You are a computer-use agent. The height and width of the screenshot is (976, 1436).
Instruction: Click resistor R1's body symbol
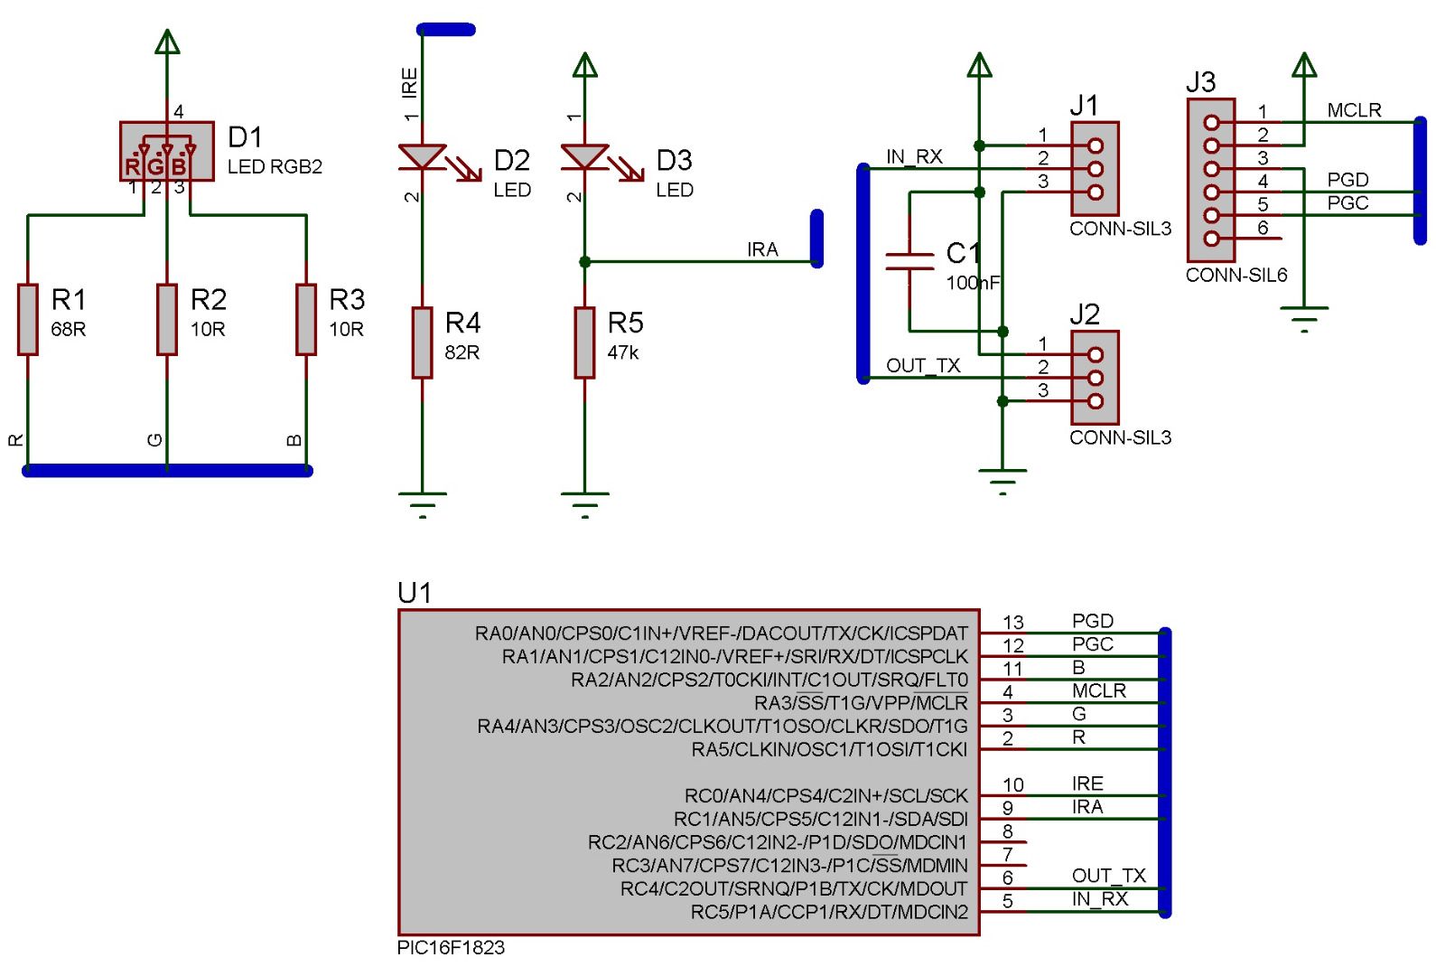(x=28, y=319)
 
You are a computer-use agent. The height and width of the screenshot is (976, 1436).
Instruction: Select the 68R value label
(x=69, y=330)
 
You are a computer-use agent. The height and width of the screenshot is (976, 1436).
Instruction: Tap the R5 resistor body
(x=585, y=343)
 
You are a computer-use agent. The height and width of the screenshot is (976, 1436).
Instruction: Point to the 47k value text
(x=623, y=353)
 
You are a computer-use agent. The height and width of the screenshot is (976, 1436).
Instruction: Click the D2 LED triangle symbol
(x=422, y=157)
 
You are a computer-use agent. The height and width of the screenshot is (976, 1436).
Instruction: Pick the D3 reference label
(x=674, y=161)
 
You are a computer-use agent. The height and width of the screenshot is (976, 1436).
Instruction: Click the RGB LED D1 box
(x=167, y=152)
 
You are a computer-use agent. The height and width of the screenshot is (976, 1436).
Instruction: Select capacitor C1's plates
(x=909, y=262)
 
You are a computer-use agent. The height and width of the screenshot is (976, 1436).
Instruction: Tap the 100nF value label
(x=973, y=284)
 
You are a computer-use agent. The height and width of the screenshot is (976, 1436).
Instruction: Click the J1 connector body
(x=1095, y=169)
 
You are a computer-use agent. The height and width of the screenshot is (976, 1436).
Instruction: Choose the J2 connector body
(x=1095, y=378)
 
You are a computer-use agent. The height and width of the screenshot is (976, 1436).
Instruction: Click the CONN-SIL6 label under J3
(x=1236, y=276)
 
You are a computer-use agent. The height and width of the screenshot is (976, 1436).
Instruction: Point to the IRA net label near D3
(x=762, y=250)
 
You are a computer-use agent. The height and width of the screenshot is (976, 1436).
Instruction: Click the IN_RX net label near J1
(x=914, y=157)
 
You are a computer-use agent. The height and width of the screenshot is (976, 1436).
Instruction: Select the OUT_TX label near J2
(x=923, y=366)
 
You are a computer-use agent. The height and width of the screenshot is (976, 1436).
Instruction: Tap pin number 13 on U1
(x=1013, y=623)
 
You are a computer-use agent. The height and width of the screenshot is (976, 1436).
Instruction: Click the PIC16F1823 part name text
(x=451, y=948)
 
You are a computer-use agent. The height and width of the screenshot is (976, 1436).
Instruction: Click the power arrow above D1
(x=167, y=42)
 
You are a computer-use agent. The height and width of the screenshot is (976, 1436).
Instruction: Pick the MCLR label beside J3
(x=1354, y=110)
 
